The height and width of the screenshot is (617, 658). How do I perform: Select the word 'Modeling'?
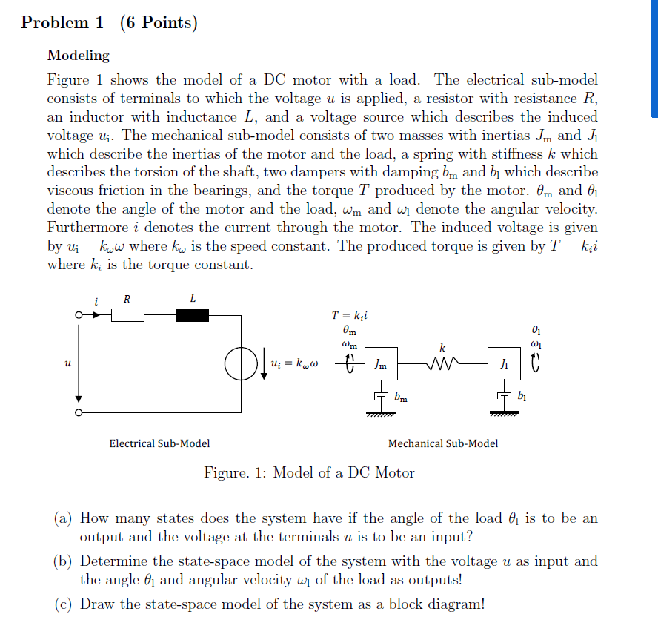(x=78, y=56)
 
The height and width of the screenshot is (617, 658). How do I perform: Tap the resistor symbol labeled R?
(x=127, y=316)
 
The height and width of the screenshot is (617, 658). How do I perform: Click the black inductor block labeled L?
(x=193, y=316)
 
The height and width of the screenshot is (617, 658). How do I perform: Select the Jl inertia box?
(x=503, y=364)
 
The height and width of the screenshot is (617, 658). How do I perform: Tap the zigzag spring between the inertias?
(x=442, y=364)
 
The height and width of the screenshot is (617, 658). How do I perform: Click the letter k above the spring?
(x=442, y=347)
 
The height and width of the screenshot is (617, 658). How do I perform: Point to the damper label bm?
(x=401, y=399)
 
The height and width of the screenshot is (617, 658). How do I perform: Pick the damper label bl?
(x=524, y=397)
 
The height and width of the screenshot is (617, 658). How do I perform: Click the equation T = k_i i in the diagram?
(x=350, y=314)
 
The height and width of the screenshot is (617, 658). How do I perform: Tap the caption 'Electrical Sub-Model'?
(x=159, y=443)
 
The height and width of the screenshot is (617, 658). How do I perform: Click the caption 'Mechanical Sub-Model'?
(x=443, y=443)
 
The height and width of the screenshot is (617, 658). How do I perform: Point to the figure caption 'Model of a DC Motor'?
(x=344, y=472)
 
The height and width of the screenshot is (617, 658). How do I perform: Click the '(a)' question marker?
(x=63, y=518)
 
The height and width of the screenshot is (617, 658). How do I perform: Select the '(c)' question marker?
(x=63, y=604)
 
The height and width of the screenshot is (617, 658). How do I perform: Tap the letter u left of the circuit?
(x=67, y=363)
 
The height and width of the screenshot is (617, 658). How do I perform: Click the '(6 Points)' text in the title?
(x=159, y=23)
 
